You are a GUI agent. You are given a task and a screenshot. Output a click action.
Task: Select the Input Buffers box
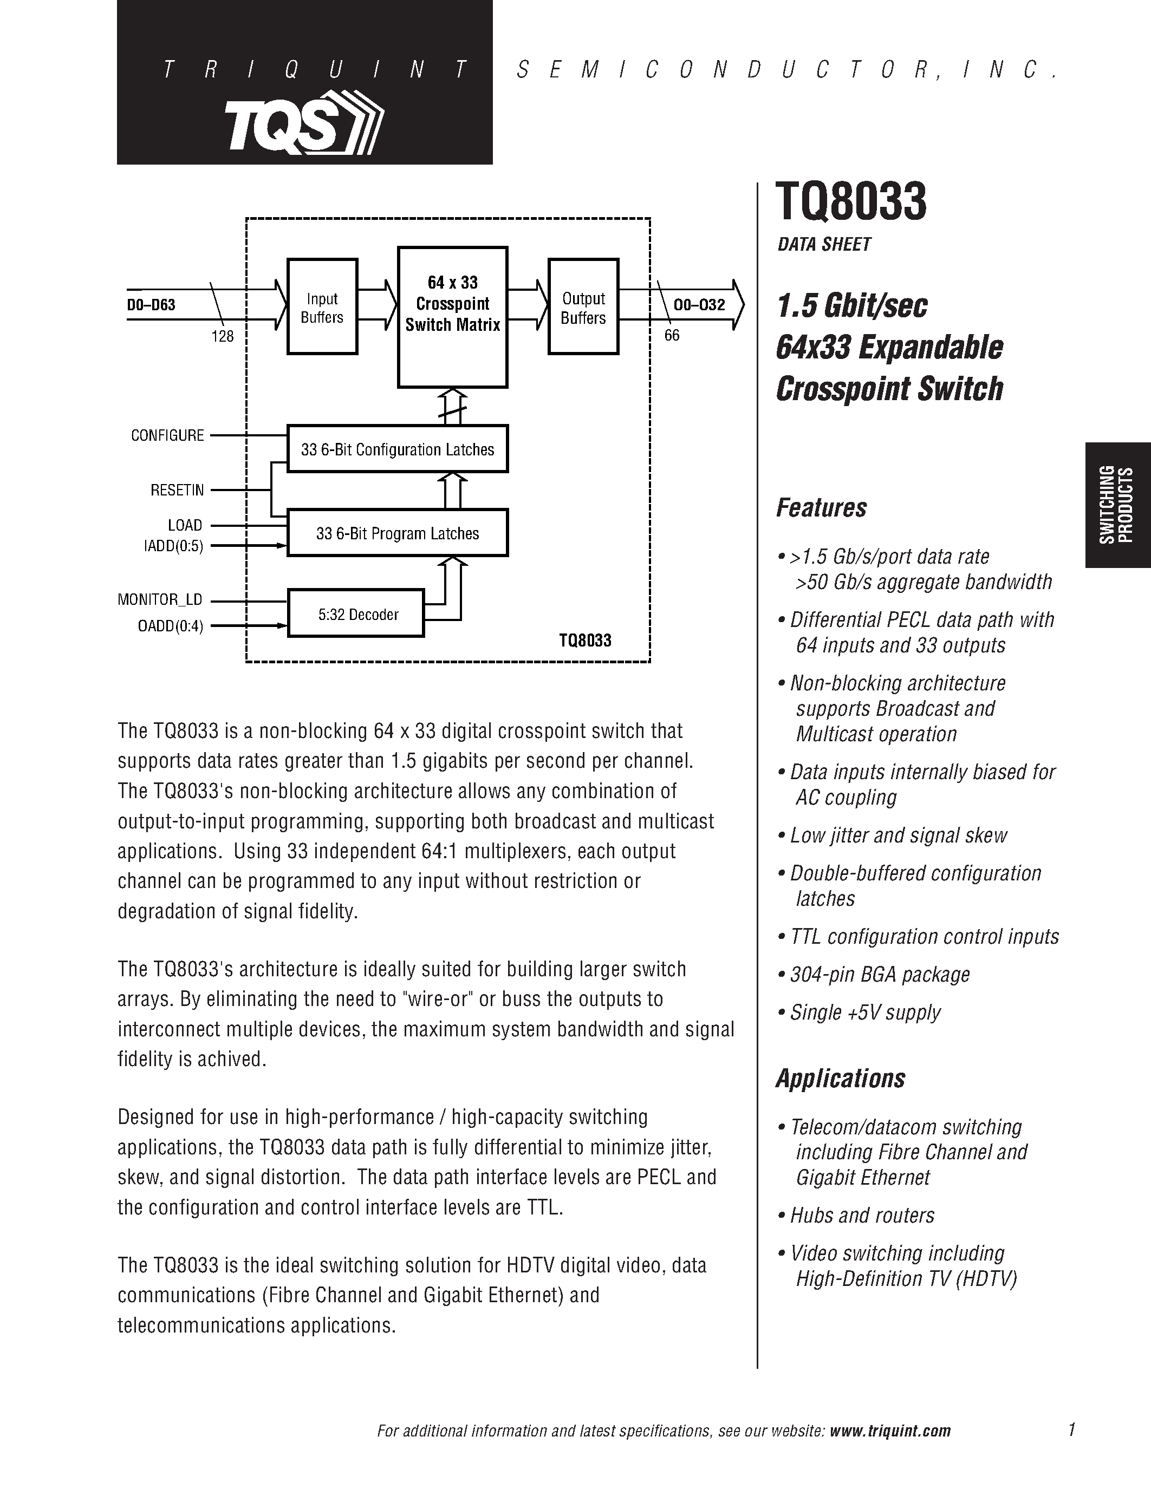(322, 307)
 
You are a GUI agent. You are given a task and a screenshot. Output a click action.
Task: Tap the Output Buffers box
(583, 307)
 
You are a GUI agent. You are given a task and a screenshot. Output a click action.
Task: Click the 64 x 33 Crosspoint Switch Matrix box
(452, 317)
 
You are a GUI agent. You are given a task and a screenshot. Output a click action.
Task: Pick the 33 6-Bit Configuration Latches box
(398, 449)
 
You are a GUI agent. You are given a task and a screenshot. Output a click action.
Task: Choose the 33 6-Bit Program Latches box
(398, 532)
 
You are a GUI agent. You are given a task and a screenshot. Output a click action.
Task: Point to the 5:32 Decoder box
(356, 613)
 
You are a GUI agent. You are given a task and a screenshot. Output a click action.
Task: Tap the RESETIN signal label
(177, 489)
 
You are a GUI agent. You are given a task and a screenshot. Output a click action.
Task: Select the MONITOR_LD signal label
(160, 599)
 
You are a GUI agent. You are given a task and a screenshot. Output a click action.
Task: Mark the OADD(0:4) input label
(171, 625)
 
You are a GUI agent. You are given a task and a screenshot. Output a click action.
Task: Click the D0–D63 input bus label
(151, 305)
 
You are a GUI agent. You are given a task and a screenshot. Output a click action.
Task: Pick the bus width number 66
(672, 336)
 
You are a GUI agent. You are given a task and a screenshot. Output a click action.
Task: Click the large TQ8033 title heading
(851, 202)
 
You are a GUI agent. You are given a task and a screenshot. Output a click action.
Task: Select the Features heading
(821, 508)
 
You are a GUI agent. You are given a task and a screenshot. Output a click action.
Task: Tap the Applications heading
(840, 1078)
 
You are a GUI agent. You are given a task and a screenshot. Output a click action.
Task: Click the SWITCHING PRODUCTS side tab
(1116, 505)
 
